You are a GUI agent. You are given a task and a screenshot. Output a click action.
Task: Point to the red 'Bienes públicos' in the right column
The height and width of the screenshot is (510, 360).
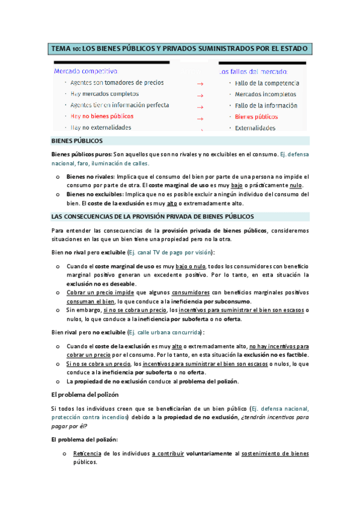[x=256, y=117]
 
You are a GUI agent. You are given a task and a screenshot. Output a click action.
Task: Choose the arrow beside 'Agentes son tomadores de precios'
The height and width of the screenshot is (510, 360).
[x=200, y=84]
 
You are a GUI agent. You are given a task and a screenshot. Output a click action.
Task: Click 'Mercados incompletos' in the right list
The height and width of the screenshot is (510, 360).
[x=265, y=94]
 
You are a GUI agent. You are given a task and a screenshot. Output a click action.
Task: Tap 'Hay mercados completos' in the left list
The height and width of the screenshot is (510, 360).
[x=105, y=94]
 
